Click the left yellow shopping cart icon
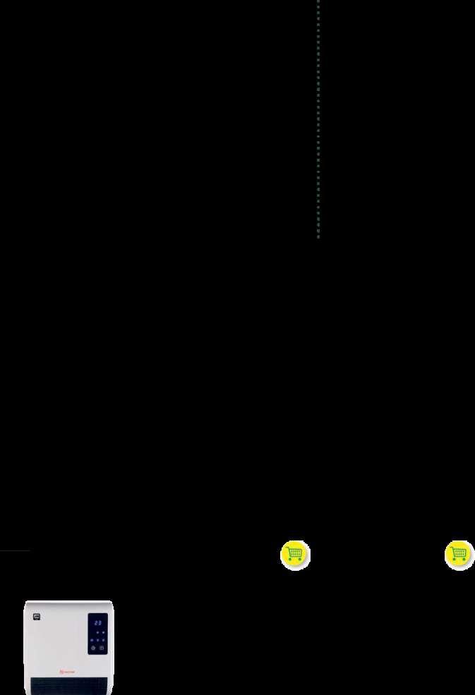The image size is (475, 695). [x=295, y=555]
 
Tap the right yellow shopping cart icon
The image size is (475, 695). [x=459, y=555]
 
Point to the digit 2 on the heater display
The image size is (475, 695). [x=96, y=623]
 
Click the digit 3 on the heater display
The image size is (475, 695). [x=100, y=623]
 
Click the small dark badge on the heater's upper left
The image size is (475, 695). [x=37, y=617]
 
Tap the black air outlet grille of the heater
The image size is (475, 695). [x=68, y=685]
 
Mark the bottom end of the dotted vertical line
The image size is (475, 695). [x=318, y=236]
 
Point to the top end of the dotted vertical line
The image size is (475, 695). [x=318, y=1]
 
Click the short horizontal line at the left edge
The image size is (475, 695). [x=15, y=550]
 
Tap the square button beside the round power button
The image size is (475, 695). [x=102, y=648]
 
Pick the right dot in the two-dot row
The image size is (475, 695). [x=102, y=633]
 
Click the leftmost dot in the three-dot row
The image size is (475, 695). [x=92, y=640]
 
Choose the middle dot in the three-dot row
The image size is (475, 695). [x=98, y=640]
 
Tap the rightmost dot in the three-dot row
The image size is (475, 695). [x=104, y=640]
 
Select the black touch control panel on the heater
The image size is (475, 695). [x=98, y=634]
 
